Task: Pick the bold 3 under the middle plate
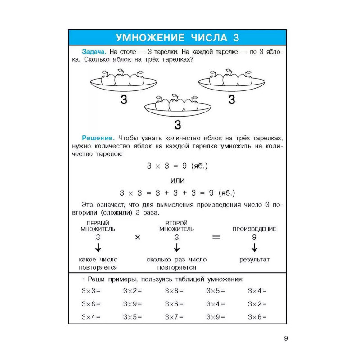pyautogui.click(x=177, y=125)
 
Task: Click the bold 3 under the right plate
pyautogui.click(x=231, y=100)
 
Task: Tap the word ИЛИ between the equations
pyautogui.click(x=177, y=180)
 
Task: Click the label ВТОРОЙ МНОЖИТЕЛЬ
pyautogui.click(x=177, y=226)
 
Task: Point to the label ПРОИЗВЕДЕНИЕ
pyautogui.click(x=254, y=229)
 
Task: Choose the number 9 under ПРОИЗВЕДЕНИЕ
pyautogui.click(x=254, y=237)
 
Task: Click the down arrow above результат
pyautogui.click(x=254, y=248)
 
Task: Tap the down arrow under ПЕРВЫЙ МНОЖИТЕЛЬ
pyautogui.click(x=98, y=248)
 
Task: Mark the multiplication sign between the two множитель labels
pyautogui.click(x=138, y=238)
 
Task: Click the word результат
pyautogui.click(x=254, y=260)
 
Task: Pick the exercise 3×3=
pyautogui.click(x=91, y=291)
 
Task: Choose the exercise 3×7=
pyautogui.click(x=174, y=317)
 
